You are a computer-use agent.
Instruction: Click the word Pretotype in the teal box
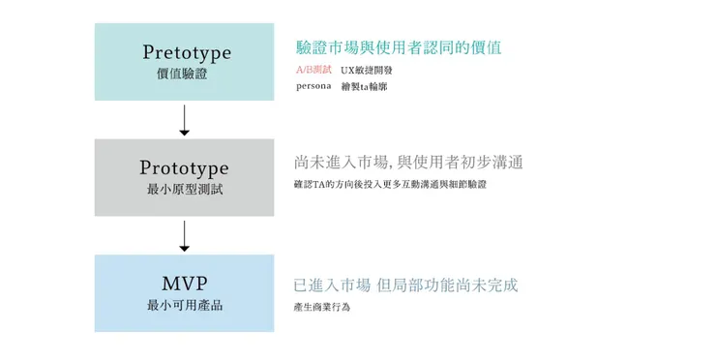tap(187, 52)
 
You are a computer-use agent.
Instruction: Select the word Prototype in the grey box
tap(184, 168)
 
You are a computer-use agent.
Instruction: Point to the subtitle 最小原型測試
tap(184, 190)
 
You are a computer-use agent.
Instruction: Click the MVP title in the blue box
tap(184, 284)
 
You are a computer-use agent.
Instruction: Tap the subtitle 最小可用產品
tap(184, 306)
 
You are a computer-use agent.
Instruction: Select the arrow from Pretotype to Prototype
tap(184, 119)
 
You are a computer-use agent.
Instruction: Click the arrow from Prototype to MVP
tap(184, 235)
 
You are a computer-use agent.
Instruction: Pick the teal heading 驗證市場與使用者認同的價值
tap(398, 47)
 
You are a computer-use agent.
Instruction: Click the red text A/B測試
tap(313, 70)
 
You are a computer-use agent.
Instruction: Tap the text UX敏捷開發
tap(367, 71)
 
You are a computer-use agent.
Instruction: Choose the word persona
tap(313, 86)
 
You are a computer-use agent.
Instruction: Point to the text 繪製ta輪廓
tap(363, 86)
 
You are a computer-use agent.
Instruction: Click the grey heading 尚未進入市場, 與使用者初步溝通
tap(408, 162)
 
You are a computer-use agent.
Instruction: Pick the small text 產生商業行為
tap(321, 307)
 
